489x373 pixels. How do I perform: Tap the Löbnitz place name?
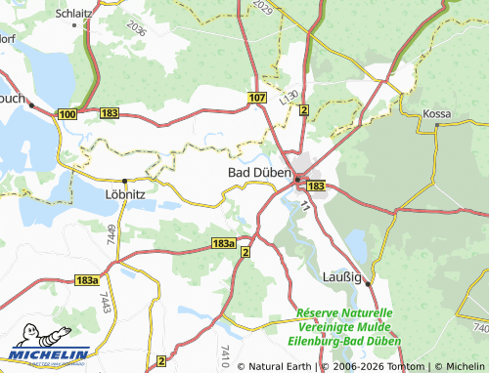tap(123, 193)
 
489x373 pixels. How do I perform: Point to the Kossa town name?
tap(436, 114)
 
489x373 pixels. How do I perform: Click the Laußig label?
tap(342, 277)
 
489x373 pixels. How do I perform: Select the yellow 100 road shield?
tap(67, 115)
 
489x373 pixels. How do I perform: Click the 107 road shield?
tap(257, 99)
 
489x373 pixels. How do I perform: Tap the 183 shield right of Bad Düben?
tap(315, 185)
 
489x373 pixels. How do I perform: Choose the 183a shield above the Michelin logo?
tap(86, 280)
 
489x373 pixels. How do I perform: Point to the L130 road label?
tap(286, 95)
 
